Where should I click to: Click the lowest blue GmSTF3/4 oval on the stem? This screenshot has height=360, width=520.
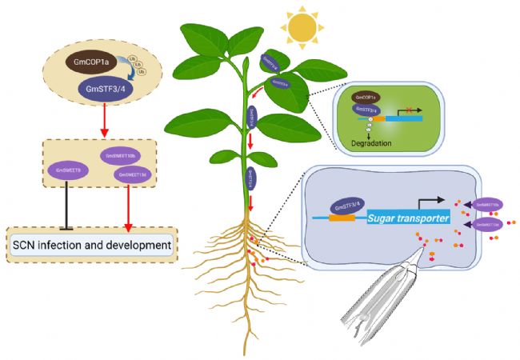tap(250, 177)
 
